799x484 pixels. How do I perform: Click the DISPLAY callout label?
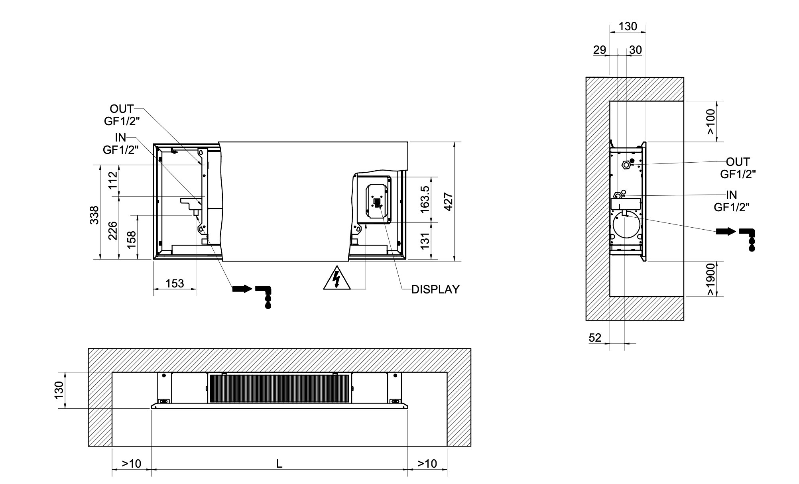pos(435,289)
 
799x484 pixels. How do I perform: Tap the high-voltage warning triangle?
pos(337,278)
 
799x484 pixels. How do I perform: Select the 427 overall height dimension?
pos(448,202)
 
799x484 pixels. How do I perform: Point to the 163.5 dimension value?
pos(425,199)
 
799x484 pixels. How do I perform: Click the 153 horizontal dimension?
pos(175,283)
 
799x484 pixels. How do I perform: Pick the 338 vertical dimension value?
pos(94,215)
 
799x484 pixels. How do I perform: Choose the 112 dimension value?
pos(113,180)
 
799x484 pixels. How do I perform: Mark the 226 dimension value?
pos(113,230)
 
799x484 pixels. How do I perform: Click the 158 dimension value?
pos(132,240)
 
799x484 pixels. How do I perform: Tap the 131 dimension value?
pos(425,241)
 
